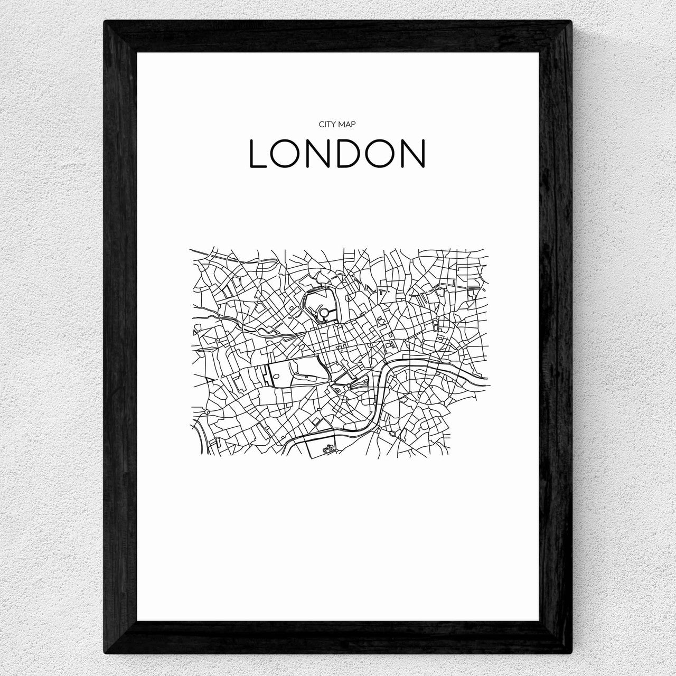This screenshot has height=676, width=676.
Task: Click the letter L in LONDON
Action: click(x=259, y=154)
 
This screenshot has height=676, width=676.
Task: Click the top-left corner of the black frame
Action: click(x=105, y=22)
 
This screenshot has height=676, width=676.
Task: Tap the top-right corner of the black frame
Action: click(x=571, y=22)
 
